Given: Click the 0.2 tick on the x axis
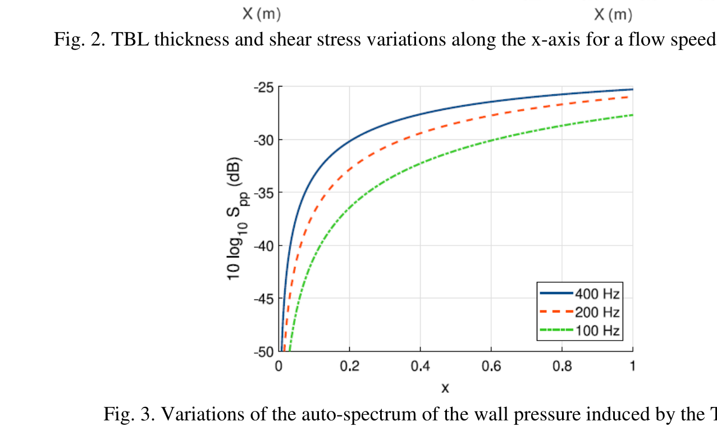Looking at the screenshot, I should point(349,367).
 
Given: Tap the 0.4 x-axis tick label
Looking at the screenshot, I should point(420,367).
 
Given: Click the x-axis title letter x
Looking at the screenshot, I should point(445,388).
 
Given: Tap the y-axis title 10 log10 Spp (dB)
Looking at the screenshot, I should point(236,219).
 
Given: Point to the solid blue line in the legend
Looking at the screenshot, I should point(556,293).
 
